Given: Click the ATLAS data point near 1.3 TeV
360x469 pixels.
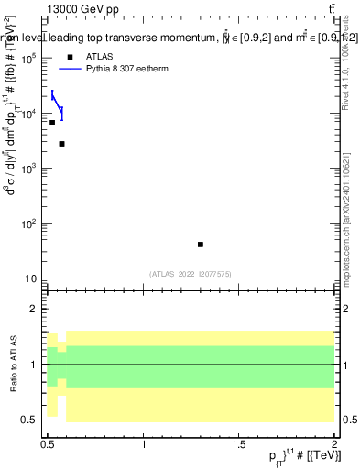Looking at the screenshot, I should click(201, 245).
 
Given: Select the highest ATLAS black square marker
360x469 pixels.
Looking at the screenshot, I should click(52, 122).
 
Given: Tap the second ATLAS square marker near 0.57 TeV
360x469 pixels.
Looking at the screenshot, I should click(61, 144).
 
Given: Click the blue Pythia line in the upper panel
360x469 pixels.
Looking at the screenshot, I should click(56, 102).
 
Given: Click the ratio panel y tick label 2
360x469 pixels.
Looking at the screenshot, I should click(34, 309).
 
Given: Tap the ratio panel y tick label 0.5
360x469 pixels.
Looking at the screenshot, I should click(30, 420).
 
